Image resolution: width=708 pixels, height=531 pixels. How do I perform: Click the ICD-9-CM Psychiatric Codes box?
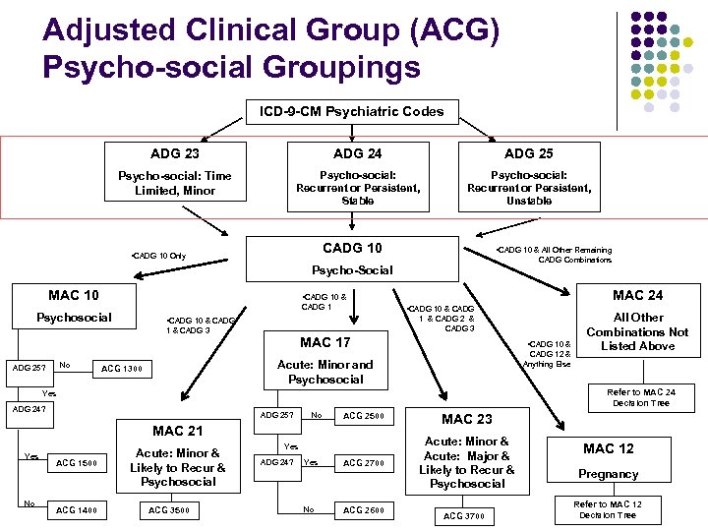coord(351,111)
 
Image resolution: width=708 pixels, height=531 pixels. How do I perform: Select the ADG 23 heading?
coord(175,153)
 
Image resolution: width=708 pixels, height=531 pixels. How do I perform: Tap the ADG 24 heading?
coord(357,153)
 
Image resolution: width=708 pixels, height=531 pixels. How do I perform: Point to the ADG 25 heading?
coord(528,153)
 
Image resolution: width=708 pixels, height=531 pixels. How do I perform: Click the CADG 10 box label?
coord(352,248)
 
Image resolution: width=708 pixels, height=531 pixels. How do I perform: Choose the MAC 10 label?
coord(74,295)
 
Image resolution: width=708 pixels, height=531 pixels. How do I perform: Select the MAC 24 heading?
coord(637,295)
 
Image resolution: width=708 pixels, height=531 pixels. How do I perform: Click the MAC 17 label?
coord(325,343)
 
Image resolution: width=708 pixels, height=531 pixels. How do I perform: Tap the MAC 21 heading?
coord(178,431)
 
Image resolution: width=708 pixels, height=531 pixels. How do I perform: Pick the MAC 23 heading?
coord(467,418)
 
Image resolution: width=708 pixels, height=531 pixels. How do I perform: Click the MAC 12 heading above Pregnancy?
coord(608,448)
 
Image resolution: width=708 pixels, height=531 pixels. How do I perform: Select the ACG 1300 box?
coord(123,369)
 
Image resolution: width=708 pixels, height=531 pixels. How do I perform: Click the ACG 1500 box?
coord(80,463)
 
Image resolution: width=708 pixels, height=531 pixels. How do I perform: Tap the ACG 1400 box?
coord(80,510)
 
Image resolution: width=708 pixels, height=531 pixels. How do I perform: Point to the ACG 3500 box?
coord(169,510)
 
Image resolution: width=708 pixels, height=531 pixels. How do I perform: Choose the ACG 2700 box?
coord(364,463)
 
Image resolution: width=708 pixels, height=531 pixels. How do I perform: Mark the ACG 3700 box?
coord(463,515)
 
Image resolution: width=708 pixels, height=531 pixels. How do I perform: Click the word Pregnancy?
coord(608,474)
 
